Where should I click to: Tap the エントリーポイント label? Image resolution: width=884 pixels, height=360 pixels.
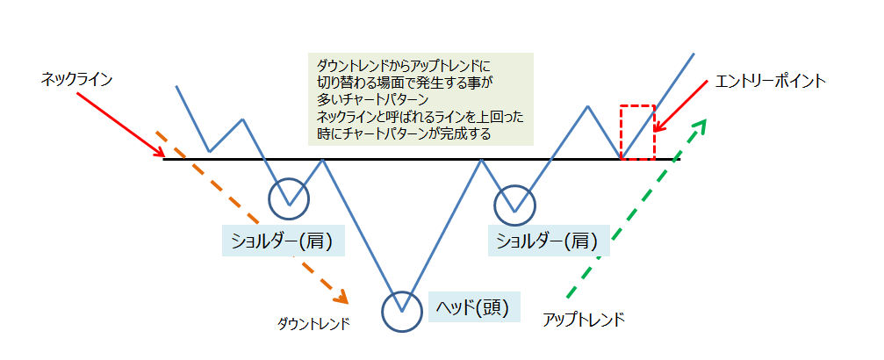[x=770, y=81]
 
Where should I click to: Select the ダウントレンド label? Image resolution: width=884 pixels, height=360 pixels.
[x=313, y=323]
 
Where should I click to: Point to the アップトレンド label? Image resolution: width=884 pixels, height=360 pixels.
[x=585, y=319]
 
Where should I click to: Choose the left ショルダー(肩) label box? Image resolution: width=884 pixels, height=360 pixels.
[x=283, y=240]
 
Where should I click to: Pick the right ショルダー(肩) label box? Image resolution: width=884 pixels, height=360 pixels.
[x=548, y=240]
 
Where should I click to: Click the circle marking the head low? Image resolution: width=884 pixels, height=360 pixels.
[x=403, y=310]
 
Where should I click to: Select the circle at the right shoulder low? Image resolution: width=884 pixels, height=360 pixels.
[x=514, y=205]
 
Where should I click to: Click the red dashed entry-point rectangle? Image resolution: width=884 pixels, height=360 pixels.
[x=637, y=132]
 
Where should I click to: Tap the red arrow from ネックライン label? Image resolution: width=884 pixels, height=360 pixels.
[x=121, y=124]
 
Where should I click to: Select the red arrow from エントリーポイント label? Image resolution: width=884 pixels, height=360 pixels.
[x=685, y=106]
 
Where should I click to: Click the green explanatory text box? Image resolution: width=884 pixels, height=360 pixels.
[x=421, y=98]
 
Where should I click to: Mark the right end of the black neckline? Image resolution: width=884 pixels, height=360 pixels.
[x=679, y=159]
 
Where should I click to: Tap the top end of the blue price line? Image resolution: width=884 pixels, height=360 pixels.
[x=694, y=54]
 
